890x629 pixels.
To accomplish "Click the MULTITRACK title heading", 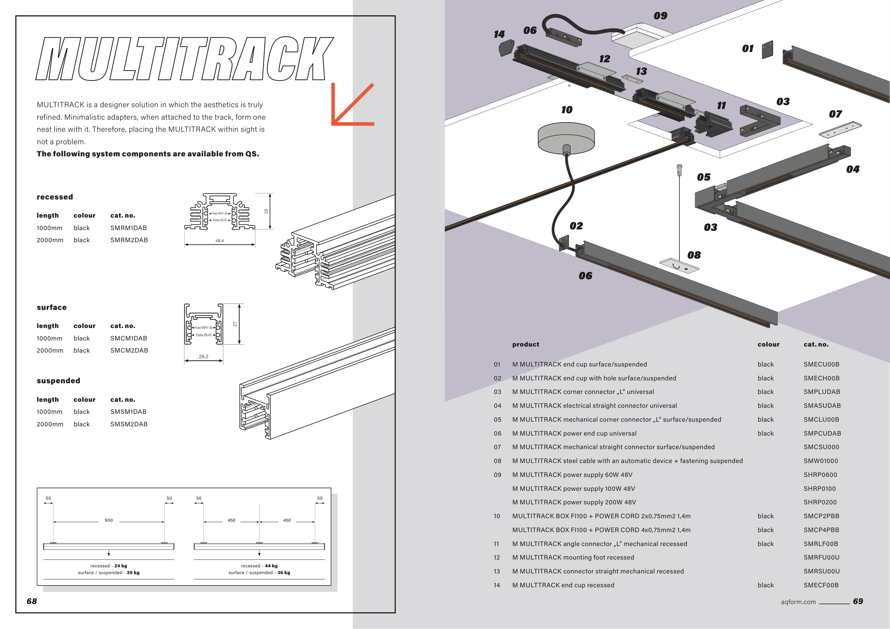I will click(185, 59).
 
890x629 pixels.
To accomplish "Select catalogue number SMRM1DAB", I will click(128, 228).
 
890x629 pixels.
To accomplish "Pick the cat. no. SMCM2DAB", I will click(129, 350).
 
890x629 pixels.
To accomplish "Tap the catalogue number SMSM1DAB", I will click(128, 412).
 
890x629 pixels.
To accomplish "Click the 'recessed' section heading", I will click(55, 197).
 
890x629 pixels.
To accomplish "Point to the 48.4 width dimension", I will click(219, 241).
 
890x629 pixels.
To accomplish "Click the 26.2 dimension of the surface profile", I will click(203, 357).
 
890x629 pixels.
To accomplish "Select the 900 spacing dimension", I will click(109, 520).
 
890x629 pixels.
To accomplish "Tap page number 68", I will click(32, 601).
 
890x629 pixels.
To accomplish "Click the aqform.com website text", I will click(798, 602).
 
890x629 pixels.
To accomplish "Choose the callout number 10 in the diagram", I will click(567, 110).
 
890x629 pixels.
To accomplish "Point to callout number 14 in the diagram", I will click(499, 35).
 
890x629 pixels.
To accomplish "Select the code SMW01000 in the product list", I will click(821, 461).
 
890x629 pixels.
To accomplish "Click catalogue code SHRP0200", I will click(820, 502).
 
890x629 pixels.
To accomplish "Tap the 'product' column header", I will click(526, 344).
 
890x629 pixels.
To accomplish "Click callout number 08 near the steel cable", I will click(694, 255).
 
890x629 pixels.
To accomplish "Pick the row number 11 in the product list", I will click(497, 544).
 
